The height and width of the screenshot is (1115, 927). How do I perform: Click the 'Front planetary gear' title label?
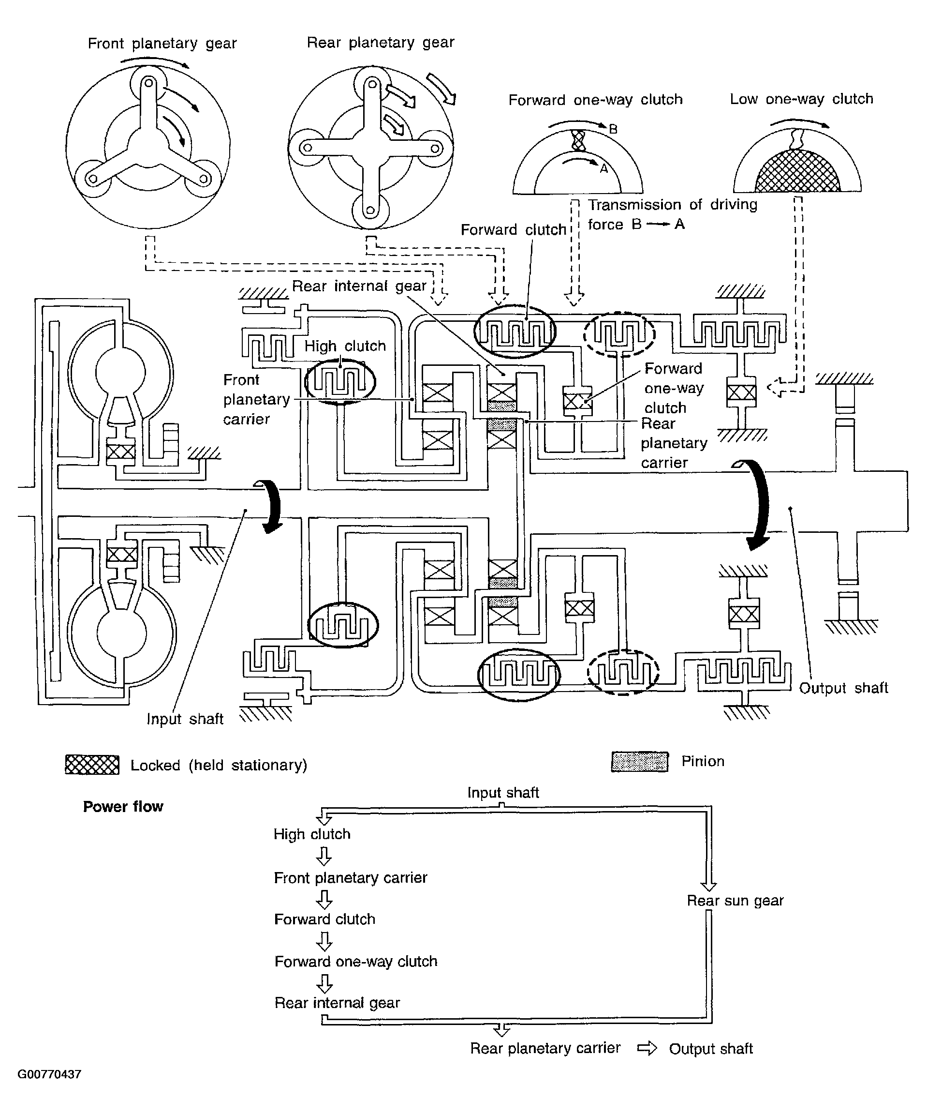pos(162,44)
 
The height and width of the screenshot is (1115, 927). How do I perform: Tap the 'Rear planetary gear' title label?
pos(381,43)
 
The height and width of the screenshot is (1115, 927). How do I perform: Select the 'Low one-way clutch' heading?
pos(801,99)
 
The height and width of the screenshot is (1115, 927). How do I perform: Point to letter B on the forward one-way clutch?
pos(613,129)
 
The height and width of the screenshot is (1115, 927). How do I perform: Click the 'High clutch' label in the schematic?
pos(345,346)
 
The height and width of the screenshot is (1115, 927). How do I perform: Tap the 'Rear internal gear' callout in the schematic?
pos(359,286)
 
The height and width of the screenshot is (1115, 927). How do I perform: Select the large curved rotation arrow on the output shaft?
pos(760,504)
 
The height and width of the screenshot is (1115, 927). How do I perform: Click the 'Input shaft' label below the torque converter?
pos(185,719)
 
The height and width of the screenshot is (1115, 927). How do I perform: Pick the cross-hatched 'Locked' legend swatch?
pos(92,765)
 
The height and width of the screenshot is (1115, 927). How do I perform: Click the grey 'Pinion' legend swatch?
pos(640,761)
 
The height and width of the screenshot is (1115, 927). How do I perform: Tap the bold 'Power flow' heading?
pos(123,807)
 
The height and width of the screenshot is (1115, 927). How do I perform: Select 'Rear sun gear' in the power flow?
pos(735,901)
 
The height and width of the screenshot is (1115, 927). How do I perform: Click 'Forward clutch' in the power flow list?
pos(325,919)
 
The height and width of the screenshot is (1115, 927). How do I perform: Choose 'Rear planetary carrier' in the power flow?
pos(545,1048)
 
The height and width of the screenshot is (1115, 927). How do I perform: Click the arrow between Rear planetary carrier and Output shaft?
pos(647,1048)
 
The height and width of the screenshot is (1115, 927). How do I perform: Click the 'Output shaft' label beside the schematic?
pos(844,688)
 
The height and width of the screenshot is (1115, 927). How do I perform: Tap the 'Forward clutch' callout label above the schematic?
pos(513,230)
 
